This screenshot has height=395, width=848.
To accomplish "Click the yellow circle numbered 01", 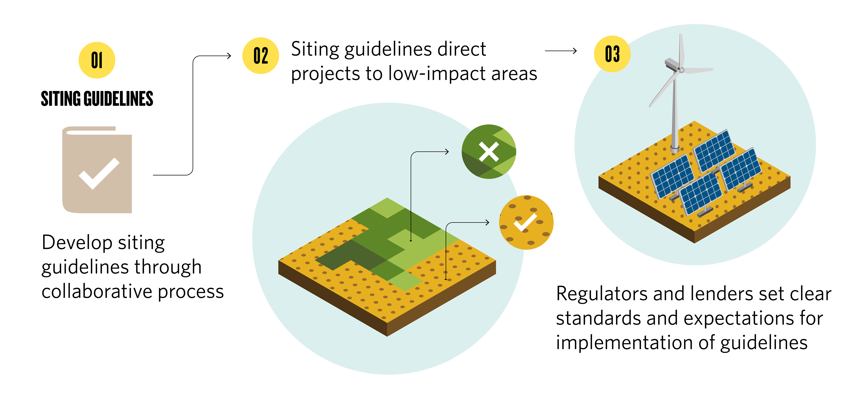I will [97, 60].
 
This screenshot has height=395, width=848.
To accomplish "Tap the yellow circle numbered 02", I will [260, 56].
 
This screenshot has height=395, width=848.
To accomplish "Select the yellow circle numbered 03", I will [612, 54].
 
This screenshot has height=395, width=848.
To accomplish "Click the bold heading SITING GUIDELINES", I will [97, 99].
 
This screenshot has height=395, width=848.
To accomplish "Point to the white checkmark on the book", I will [99, 173].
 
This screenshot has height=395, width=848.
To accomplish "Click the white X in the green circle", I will [489, 152].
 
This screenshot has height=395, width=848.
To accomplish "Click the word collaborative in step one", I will [97, 291].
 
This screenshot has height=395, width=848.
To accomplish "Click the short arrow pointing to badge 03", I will [561, 51].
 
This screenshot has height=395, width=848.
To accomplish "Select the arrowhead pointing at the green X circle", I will [447, 152].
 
